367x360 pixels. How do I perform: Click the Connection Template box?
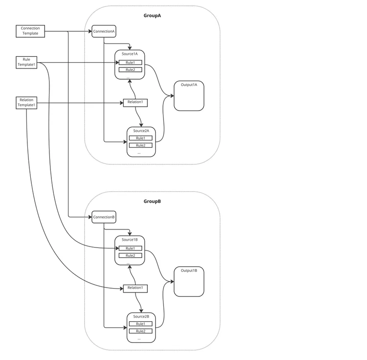30,31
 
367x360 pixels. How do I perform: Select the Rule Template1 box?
26,62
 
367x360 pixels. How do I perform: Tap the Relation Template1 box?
26,103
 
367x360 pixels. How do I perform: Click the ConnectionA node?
104,31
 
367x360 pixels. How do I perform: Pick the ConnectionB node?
104,217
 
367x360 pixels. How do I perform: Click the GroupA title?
152,16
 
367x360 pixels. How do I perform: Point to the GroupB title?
152,202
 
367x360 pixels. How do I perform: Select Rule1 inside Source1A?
130,63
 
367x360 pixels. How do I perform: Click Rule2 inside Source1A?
130,70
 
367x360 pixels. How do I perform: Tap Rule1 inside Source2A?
140,138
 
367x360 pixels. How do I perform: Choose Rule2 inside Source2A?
140,145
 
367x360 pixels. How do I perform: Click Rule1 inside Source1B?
130,248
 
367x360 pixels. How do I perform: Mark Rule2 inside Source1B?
130,256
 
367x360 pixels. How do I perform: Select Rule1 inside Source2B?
140,324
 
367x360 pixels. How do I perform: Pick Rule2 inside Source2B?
140,331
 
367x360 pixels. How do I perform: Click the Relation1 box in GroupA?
135,102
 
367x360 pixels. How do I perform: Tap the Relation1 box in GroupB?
135,288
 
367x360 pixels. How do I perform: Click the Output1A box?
189,96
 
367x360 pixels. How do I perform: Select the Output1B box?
189,282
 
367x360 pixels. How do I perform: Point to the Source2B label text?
141,317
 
